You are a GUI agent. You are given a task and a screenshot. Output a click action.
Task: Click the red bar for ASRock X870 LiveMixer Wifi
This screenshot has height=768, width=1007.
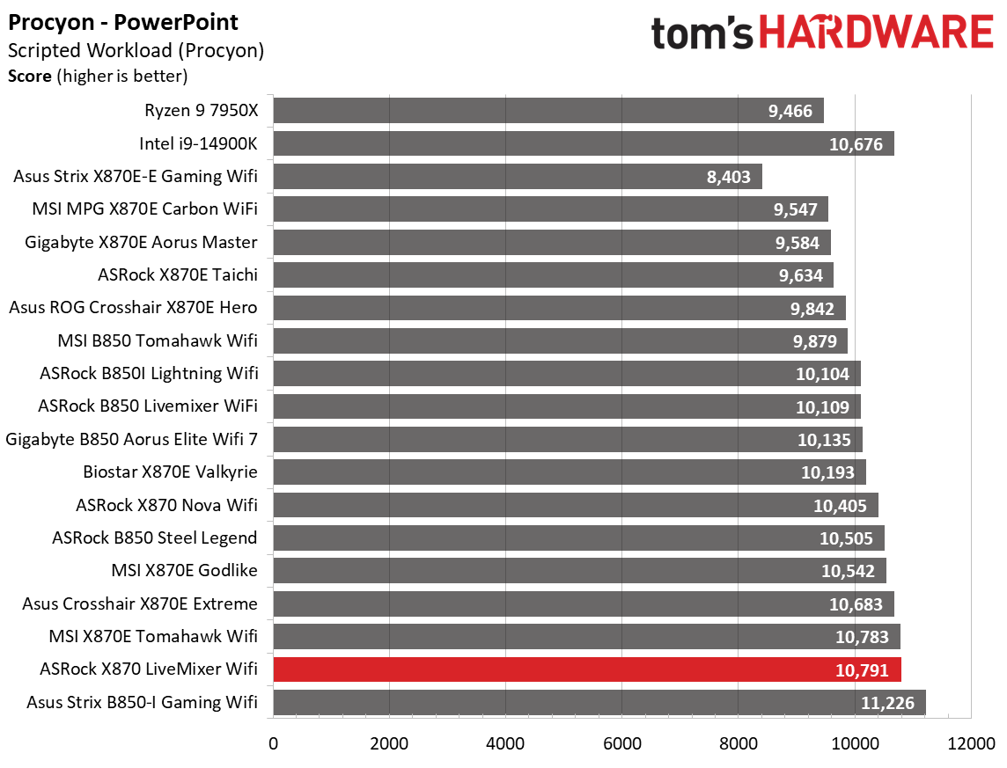pos(587,669)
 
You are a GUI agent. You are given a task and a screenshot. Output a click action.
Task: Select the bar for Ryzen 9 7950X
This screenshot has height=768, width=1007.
pos(548,111)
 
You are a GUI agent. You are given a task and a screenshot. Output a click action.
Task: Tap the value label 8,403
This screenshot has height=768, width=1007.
pos(728,177)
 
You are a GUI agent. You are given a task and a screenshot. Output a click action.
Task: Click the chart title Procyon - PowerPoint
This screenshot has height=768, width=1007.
pos(123,22)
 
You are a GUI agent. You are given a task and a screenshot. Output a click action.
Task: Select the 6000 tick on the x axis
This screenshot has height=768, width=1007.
pos(621,742)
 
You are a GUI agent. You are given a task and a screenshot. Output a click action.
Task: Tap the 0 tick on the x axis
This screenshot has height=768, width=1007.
pos(274,742)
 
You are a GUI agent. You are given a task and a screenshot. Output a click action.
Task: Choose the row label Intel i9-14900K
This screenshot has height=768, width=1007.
pos(198,143)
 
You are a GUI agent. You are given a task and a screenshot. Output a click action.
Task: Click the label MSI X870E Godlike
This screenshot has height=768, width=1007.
pos(184,570)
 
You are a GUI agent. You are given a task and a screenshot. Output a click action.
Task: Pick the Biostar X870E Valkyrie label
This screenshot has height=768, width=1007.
pos(170,472)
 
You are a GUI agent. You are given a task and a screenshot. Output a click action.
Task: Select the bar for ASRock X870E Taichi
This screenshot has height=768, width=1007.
pos(553,275)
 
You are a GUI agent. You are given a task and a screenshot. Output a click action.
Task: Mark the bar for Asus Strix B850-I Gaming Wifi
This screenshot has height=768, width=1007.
pos(599,702)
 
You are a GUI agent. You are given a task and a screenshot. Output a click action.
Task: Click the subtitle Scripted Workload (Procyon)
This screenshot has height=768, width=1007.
pos(136,51)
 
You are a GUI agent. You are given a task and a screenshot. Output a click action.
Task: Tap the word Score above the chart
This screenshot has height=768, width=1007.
pos(29,77)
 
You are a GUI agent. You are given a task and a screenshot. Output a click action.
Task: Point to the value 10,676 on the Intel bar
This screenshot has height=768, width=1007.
pos(855,144)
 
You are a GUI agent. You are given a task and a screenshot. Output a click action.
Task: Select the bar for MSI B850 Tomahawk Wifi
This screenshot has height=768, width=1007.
pos(560,340)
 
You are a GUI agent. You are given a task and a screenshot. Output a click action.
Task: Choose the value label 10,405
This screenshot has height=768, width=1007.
pos(840,505)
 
